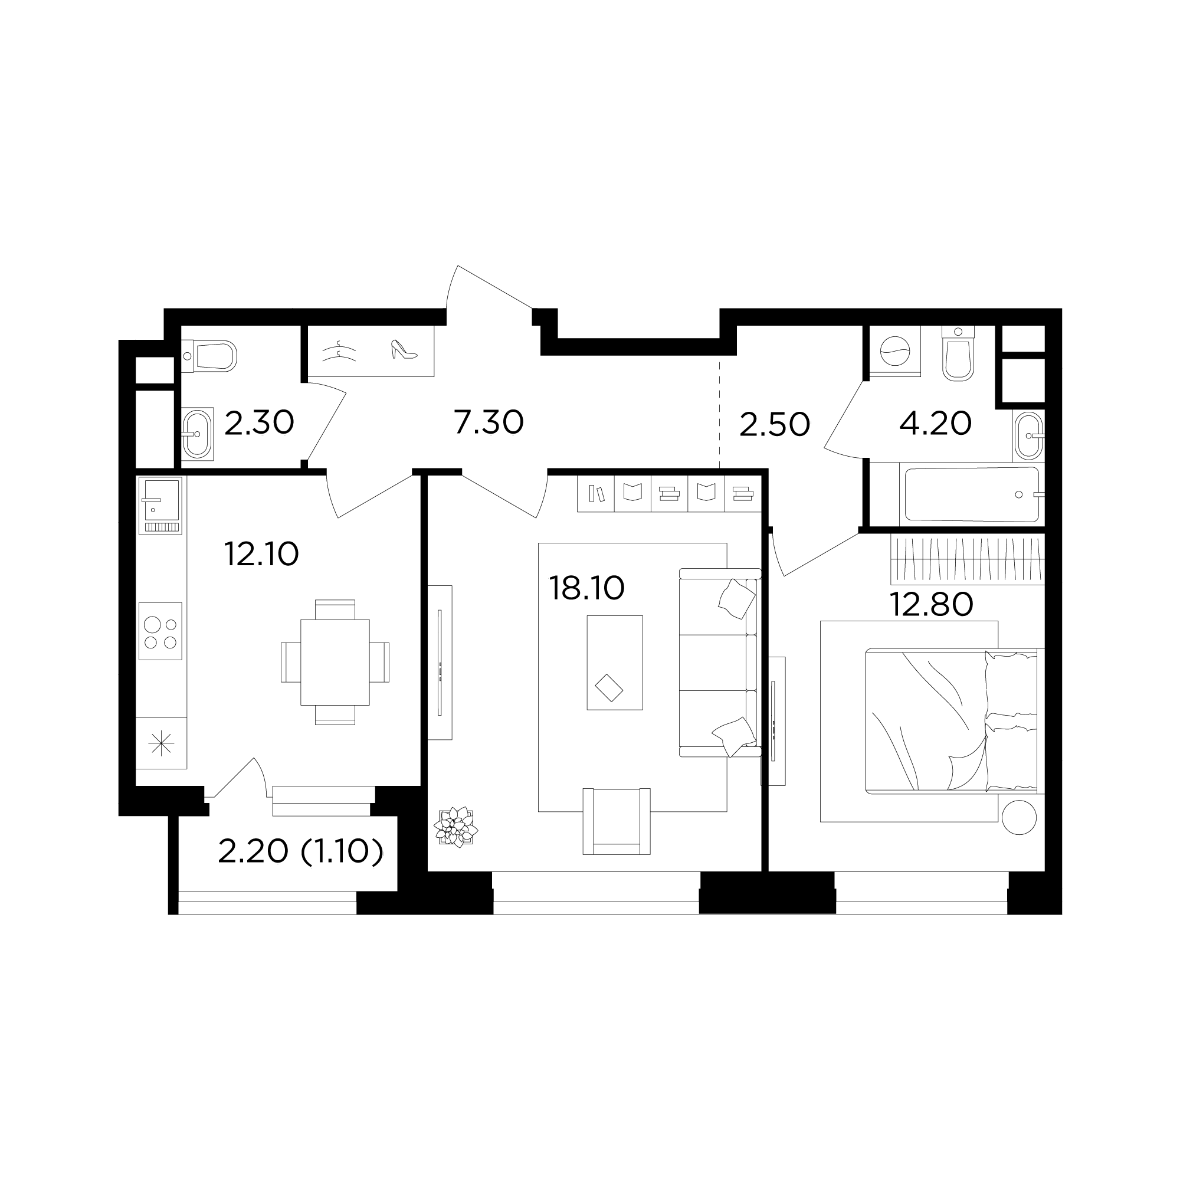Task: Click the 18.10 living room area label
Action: coord(586,589)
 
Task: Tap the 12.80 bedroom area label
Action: coord(932,605)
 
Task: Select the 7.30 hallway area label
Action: coord(489,422)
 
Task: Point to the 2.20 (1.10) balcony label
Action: coord(300,851)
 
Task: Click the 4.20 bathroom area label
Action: coord(935,423)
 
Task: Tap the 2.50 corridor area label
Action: coord(775,424)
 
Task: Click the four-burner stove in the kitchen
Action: coord(160,631)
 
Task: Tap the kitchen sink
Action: coord(160,506)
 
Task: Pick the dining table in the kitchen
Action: coord(335,663)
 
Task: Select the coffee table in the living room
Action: coord(614,663)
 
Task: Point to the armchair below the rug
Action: coord(617,821)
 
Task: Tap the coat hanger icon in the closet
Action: coord(340,351)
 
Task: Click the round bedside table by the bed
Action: coord(1019,817)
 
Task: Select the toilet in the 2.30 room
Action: coord(209,355)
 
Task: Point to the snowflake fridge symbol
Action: coord(161,743)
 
